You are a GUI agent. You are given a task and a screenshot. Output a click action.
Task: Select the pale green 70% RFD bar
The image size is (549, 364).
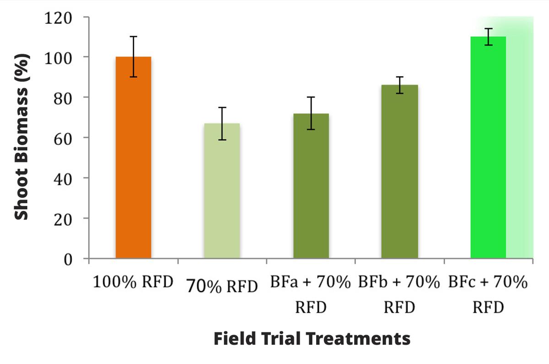pos(222,193)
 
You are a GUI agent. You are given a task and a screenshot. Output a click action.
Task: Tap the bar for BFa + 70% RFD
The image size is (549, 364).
pos(311,188)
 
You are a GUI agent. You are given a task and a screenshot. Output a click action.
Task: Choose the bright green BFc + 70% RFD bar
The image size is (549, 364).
pos(488,149)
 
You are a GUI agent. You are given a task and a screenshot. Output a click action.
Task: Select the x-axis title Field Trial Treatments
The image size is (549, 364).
pos(312,339)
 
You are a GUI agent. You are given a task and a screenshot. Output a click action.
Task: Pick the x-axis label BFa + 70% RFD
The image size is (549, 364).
pos(311,294)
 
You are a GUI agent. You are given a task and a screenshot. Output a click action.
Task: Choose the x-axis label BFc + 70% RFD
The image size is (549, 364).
pos(488,294)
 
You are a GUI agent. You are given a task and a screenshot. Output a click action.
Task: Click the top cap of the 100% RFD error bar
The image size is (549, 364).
pos(133,37)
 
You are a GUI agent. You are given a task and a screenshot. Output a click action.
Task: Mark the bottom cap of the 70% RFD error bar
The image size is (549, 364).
pos(222,139)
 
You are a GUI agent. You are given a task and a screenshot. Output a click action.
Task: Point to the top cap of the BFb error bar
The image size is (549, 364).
pos(400,77)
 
